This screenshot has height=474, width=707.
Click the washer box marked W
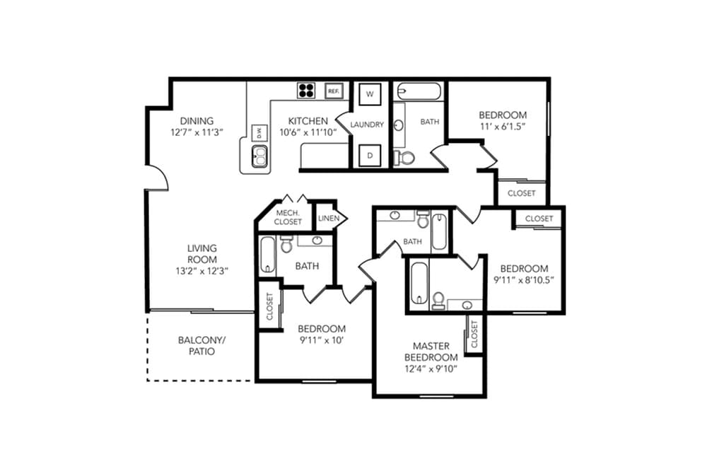[370, 94]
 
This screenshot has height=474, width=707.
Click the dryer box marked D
[370, 156]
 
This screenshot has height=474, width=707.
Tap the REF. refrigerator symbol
[334, 91]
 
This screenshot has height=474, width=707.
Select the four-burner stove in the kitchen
[306, 91]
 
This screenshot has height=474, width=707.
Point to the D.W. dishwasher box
[259, 132]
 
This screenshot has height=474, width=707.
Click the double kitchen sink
[259, 156]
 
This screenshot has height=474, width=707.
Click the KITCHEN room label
[308, 121]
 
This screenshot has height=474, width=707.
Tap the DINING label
[197, 121]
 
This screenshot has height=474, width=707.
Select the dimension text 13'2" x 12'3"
[202, 271]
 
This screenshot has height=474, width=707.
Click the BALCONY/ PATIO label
[201, 345]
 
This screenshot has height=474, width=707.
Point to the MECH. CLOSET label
[288, 217]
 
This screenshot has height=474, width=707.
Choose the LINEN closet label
[329, 219]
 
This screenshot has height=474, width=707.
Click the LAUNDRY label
[367, 125]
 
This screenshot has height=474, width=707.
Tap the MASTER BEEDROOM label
[431, 352]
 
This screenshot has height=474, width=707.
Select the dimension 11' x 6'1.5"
[503, 127]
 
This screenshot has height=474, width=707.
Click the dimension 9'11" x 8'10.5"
[523, 280]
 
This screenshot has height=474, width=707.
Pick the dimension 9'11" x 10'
[322, 340]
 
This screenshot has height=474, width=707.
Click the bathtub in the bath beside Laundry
[419, 91]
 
